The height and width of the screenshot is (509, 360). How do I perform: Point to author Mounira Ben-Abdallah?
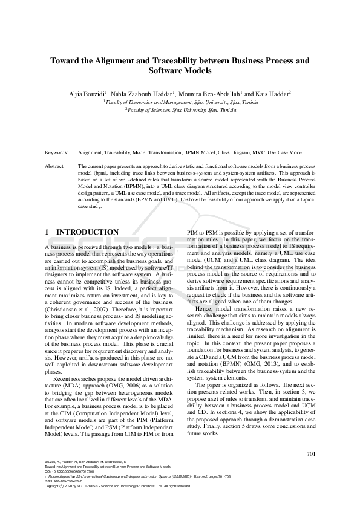click(x=210, y=94)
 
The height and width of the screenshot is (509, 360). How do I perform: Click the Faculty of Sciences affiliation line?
click(x=180, y=111)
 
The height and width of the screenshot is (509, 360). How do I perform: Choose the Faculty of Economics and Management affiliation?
click(x=180, y=103)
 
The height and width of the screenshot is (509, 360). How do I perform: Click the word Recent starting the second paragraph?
click(x=66, y=378)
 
